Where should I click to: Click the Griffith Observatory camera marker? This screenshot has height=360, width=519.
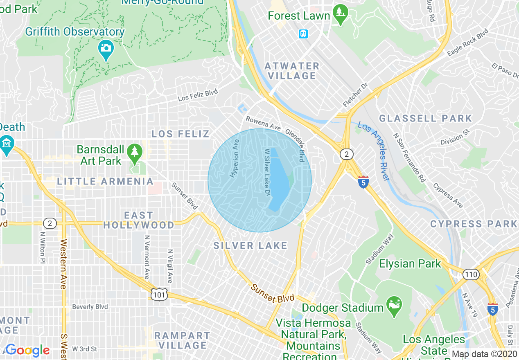[106, 48]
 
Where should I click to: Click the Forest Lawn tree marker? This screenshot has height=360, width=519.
[340, 13]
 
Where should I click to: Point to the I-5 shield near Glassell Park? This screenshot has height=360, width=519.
[363, 182]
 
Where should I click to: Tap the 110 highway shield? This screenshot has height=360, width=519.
[471, 274]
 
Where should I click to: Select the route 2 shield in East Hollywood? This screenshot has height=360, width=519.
[50, 223]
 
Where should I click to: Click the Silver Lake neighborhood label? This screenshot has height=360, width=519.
[250, 245]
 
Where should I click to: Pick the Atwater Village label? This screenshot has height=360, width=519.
[292, 71]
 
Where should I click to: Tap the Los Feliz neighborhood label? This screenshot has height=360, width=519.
[181, 134]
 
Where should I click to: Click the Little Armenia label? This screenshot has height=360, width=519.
[105, 181]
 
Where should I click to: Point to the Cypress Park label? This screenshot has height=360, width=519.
[474, 224]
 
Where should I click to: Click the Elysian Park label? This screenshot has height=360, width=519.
[410, 263]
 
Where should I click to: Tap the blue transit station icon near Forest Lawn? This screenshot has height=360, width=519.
[303, 34]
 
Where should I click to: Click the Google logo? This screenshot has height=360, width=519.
[28, 350]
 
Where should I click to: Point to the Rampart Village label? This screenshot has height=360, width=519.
[182, 340]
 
